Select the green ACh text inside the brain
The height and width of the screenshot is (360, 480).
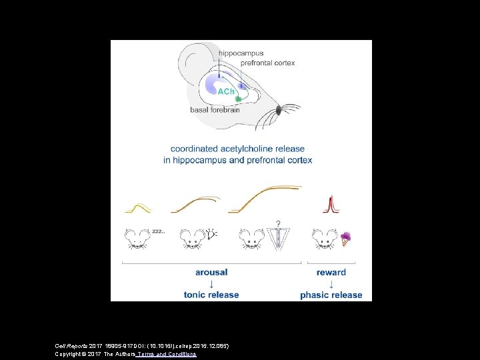click(227, 91)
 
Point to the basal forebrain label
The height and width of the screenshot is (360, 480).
click(215, 110)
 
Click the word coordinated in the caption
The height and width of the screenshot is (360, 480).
click(195, 149)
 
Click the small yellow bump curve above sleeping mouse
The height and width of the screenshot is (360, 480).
click(139, 207)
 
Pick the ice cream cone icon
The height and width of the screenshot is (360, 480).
click(345, 238)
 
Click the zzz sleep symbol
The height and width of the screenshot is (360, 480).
click(159, 231)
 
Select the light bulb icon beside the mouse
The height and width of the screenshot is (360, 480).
click(212, 233)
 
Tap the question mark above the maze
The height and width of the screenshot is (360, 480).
click(277, 224)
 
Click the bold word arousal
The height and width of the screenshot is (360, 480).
click(211, 272)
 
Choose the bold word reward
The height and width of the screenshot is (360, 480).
click(331, 272)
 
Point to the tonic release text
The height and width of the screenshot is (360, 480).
click(211, 295)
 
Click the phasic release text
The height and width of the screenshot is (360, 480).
click(331, 295)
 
